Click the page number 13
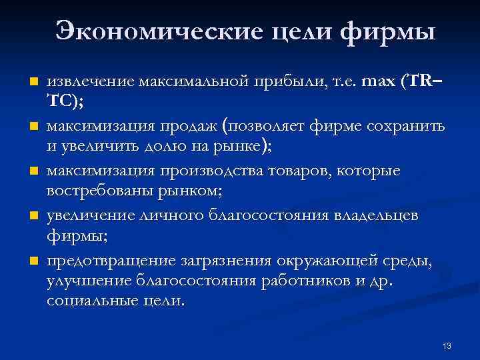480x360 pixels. (x=447, y=345)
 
